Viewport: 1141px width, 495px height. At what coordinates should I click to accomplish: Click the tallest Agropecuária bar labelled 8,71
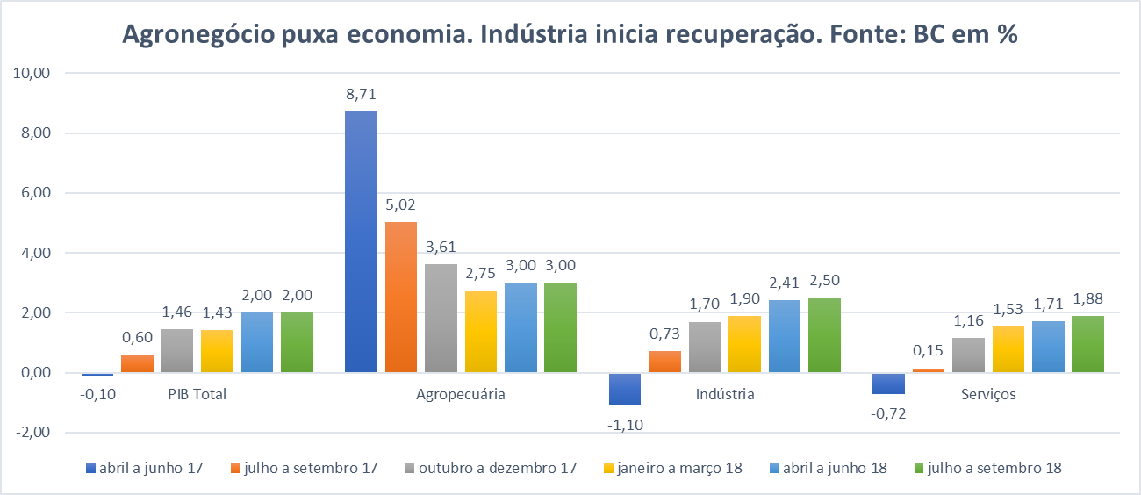point(361,241)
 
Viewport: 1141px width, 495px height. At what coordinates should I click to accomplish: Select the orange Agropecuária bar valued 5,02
point(401,297)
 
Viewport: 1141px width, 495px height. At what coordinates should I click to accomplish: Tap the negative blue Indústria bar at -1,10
point(625,389)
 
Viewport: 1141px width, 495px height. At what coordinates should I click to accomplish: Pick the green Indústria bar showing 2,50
point(824,334)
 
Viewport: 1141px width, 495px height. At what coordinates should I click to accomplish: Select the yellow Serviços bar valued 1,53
point(1008,349)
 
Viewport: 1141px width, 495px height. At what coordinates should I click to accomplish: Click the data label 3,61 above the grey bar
point(441,247)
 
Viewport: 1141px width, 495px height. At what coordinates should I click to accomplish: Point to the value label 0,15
point(929,351)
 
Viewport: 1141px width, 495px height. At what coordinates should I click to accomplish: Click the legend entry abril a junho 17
point(145,468)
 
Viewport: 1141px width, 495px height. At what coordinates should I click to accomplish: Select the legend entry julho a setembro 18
point(994,468)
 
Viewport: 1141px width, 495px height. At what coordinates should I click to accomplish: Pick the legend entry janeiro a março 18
point(678,468)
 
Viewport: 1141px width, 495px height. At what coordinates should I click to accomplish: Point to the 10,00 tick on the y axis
point(34,74)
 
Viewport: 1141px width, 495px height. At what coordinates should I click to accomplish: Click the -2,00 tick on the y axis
point(34,433)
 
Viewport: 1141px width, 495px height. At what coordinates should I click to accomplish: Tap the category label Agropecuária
point(461,394)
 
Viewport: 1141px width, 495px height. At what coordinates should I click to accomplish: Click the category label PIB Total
point(197,394)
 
